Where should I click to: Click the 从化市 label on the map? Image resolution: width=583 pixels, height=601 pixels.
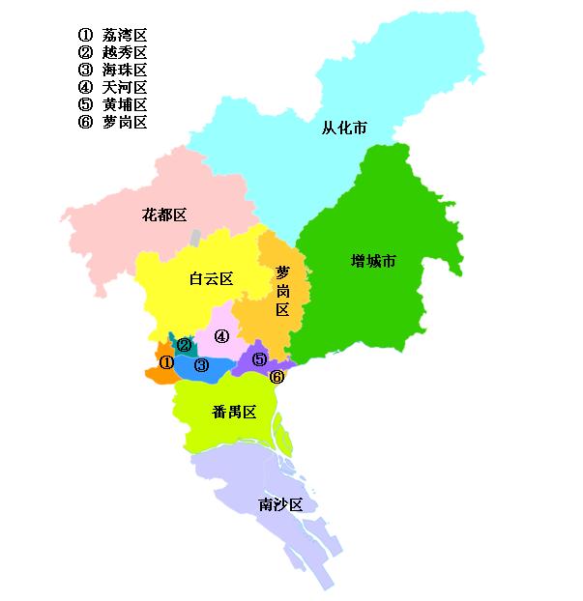point(344,128)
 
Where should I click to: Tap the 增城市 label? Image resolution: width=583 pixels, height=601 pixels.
point(373,261)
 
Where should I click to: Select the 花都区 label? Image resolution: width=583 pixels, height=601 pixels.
point(163,214)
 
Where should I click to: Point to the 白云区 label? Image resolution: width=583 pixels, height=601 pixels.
point(211,278)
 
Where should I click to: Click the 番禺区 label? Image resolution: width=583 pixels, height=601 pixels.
point(233,412)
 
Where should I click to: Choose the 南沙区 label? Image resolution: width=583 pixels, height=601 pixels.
point(281,504)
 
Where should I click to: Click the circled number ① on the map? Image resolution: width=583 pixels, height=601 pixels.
point(166,362)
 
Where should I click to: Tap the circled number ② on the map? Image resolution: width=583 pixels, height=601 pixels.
point(184,344)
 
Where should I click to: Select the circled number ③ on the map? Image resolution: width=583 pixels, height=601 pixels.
point(201,365)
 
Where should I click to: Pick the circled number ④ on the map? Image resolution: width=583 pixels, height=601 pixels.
point(221,336)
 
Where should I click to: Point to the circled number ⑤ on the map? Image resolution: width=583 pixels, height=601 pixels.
point(259,359)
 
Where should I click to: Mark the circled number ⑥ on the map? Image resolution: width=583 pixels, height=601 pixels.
point(277,376)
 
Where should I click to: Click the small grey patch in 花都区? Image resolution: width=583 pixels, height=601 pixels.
point(196,237)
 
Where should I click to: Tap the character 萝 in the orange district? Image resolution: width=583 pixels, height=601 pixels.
point(282,272)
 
